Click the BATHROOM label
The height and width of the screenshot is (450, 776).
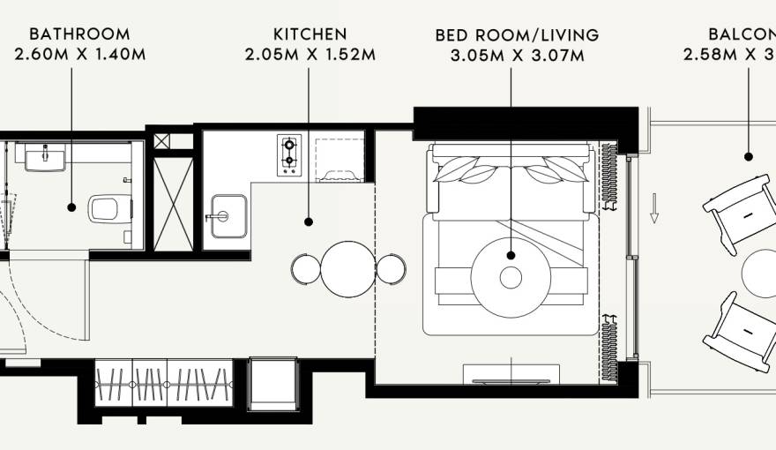(x=79, y=34)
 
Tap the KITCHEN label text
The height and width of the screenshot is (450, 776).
(x=310, y=34)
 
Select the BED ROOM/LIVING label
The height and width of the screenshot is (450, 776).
(x=517, y=36)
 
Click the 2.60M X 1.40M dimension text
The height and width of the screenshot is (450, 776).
(x=79, y=54)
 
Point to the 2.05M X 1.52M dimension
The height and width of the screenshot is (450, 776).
(x=310, y=54)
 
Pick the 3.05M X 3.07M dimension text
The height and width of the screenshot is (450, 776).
(x=517, y=56)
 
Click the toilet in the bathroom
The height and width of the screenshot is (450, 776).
(x=105, y=208)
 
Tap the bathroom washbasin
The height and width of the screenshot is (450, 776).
(x=44, y=159)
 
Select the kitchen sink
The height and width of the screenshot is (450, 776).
(x=228, y=216)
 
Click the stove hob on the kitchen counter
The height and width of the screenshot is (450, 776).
(x=289, y=154)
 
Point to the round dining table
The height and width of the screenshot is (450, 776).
(x=349, y=269)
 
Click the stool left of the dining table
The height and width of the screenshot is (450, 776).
(x=305, y=269)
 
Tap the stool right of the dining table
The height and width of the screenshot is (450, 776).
(x=391, y=268)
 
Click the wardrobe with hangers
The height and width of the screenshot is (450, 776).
(x=163, y=383)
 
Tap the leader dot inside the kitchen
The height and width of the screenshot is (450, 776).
(x=310, y=221)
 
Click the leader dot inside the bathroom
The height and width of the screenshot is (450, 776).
(x=72, y=207)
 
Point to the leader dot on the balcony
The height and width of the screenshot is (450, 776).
(x=749, y=157)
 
